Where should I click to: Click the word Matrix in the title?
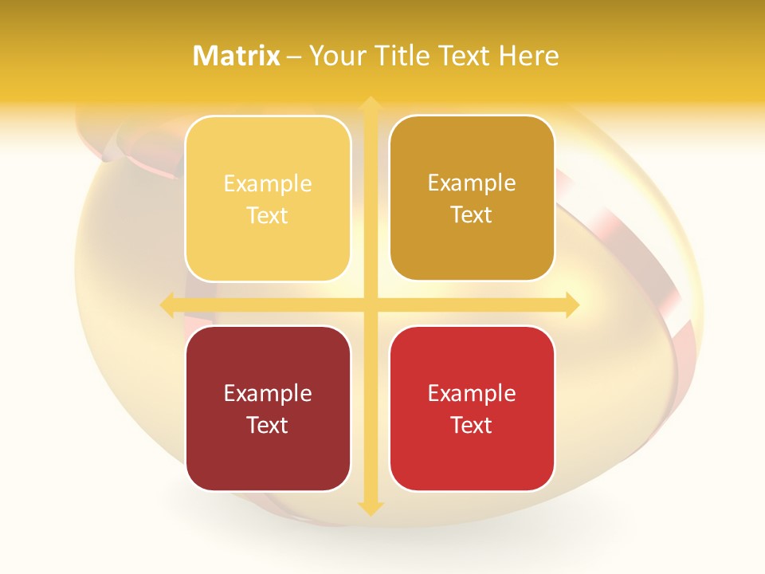[x=237, y=56]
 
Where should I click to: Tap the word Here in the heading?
[x=529, y=56]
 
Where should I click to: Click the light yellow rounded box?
[x=268, y=199]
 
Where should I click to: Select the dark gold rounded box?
[x=472, y=198]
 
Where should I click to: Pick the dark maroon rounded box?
[x=268, y=408]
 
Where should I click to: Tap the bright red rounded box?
[x=472, y=408]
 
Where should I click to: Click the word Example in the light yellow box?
[x=268, y=184]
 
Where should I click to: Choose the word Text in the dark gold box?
[x=472, y=215]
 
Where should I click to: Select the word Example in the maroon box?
[x=268, y=394]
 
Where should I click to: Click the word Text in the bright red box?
[x=472, y=425]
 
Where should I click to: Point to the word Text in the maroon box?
[x=268, y=425]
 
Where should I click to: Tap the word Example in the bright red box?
[x=472, y=394]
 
